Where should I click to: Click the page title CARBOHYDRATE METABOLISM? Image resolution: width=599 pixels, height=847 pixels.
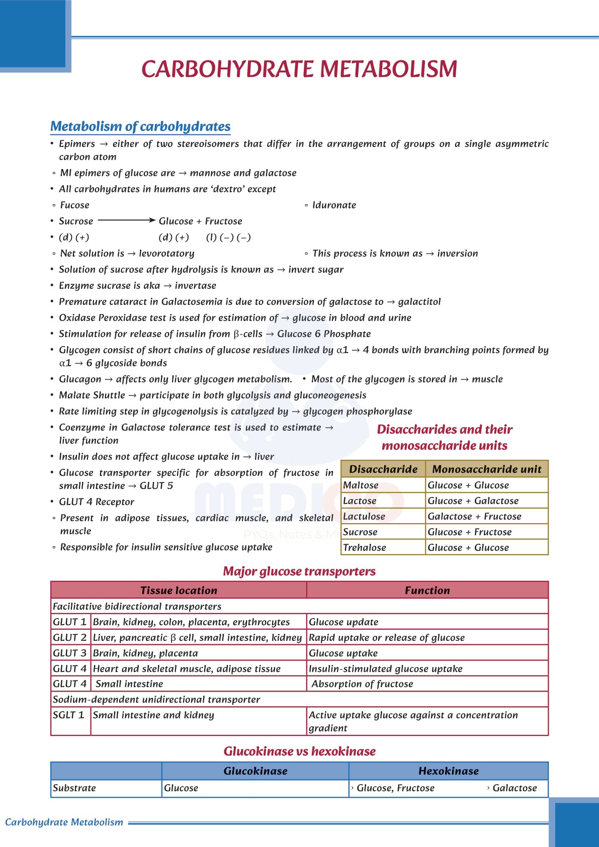click(x=299, y=69)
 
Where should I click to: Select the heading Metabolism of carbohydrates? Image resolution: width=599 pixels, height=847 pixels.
click(x=140, y=126)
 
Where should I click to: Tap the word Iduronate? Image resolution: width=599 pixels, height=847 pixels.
click(x=334, y=205)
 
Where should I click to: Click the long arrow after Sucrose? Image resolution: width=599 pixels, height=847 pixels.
click(x=126, y=220)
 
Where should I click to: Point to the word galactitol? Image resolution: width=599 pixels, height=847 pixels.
click(x=419, y=302)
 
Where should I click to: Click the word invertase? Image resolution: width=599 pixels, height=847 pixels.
click(x=195, y=286)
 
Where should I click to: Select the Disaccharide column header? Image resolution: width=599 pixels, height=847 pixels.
click(x=383, y=469)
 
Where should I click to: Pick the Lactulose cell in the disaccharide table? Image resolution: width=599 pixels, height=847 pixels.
click(x=364, y=517)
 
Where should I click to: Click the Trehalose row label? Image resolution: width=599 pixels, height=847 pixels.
click(x=365, y=548)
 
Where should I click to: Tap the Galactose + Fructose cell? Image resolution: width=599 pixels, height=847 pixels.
click(x=474, y=517)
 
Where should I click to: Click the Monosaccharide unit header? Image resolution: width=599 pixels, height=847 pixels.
click(x=487, y=469)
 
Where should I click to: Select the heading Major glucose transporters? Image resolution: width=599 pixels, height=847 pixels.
click(x=299, y=571)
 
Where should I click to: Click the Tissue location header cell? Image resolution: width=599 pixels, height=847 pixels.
click(x=179, y=590)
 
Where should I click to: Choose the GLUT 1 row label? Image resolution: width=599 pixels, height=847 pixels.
click(x=70, y=622)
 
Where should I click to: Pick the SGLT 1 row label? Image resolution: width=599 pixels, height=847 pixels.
click(x=69, y=715)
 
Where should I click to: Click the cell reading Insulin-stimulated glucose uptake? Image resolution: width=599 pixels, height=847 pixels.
click(x=385, y=669)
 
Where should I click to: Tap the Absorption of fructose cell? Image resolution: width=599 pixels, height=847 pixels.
click(x=362, y=684)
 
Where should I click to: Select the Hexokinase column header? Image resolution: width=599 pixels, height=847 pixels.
click(x=448, y=771)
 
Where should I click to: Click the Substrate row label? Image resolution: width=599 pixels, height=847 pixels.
click(x=74, y=788)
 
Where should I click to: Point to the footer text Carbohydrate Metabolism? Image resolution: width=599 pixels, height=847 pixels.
click(x=64, y=822)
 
